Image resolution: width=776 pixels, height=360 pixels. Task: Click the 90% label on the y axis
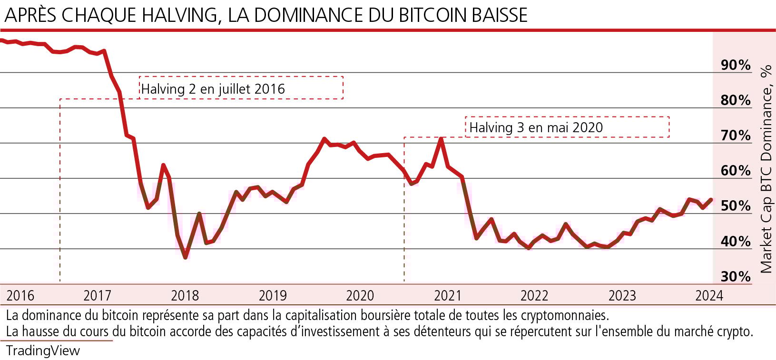click(736, 65)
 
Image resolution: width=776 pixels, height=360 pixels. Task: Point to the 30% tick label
click(736, 276)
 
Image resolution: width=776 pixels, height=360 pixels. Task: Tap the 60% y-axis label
click(736, 171)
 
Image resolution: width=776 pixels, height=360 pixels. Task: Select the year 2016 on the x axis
click(20, 296)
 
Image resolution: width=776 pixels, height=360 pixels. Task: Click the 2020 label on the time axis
click(360, 296)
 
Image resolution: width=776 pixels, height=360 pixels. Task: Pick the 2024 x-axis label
click(709, 296)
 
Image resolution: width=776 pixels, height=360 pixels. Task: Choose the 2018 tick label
click(185, 296)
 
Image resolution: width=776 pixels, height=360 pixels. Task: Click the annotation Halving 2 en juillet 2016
click(213, 89)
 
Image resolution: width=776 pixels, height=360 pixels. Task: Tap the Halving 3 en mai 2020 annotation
click(536, 127)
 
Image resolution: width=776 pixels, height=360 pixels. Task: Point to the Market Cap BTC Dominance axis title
click(766, 169)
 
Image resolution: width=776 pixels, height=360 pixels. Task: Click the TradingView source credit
click(43, 351)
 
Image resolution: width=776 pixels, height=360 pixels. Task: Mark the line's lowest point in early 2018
click(185, 257)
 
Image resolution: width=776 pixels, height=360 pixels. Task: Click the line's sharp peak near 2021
click(442, 138)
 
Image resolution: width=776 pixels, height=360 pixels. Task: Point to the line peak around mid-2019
click(324, 138)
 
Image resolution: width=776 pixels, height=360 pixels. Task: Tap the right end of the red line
click(711, 199)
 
